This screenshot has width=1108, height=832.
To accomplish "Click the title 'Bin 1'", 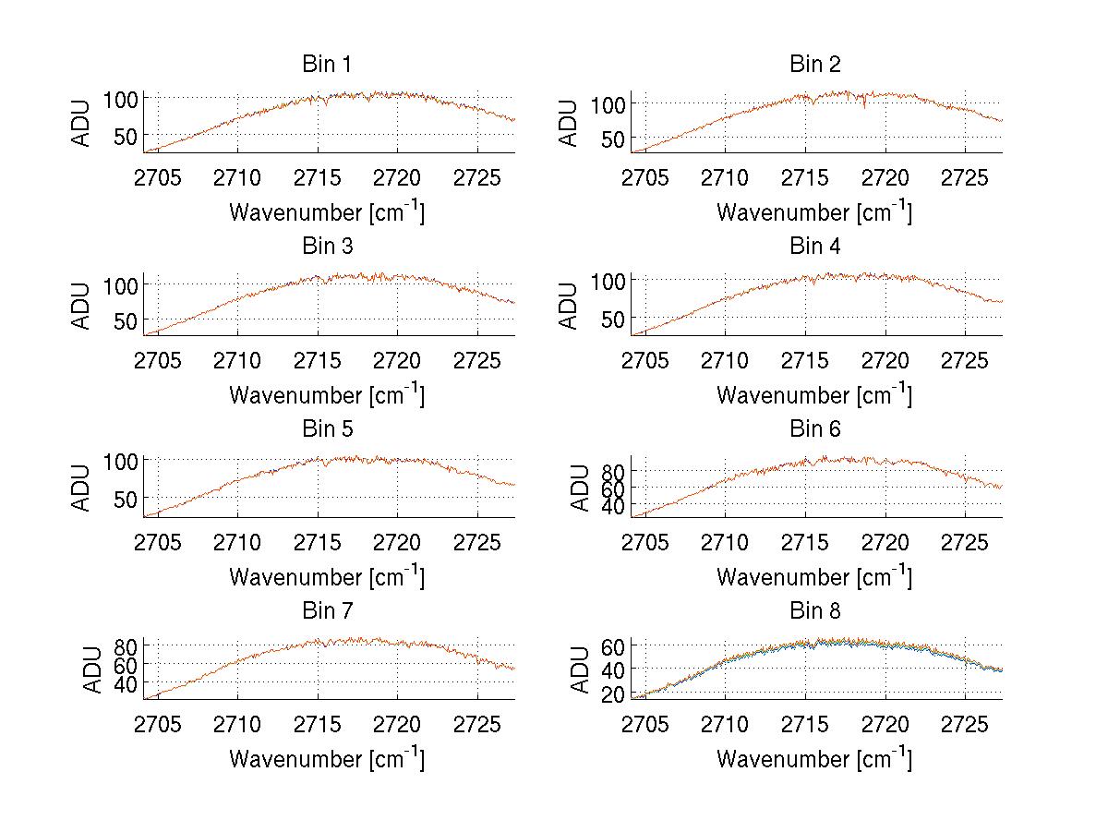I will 326,65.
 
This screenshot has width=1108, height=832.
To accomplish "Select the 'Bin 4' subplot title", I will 814,247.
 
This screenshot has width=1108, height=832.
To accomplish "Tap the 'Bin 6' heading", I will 814,428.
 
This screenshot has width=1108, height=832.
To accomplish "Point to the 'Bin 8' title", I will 814,610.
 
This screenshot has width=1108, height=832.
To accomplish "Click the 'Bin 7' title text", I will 326,610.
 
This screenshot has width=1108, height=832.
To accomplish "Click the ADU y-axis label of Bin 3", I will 82,306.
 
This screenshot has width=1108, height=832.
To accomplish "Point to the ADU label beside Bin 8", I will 570,669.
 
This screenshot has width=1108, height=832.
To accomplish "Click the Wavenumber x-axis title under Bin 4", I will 814,394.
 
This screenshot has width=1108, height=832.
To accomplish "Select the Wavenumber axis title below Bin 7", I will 326,758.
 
